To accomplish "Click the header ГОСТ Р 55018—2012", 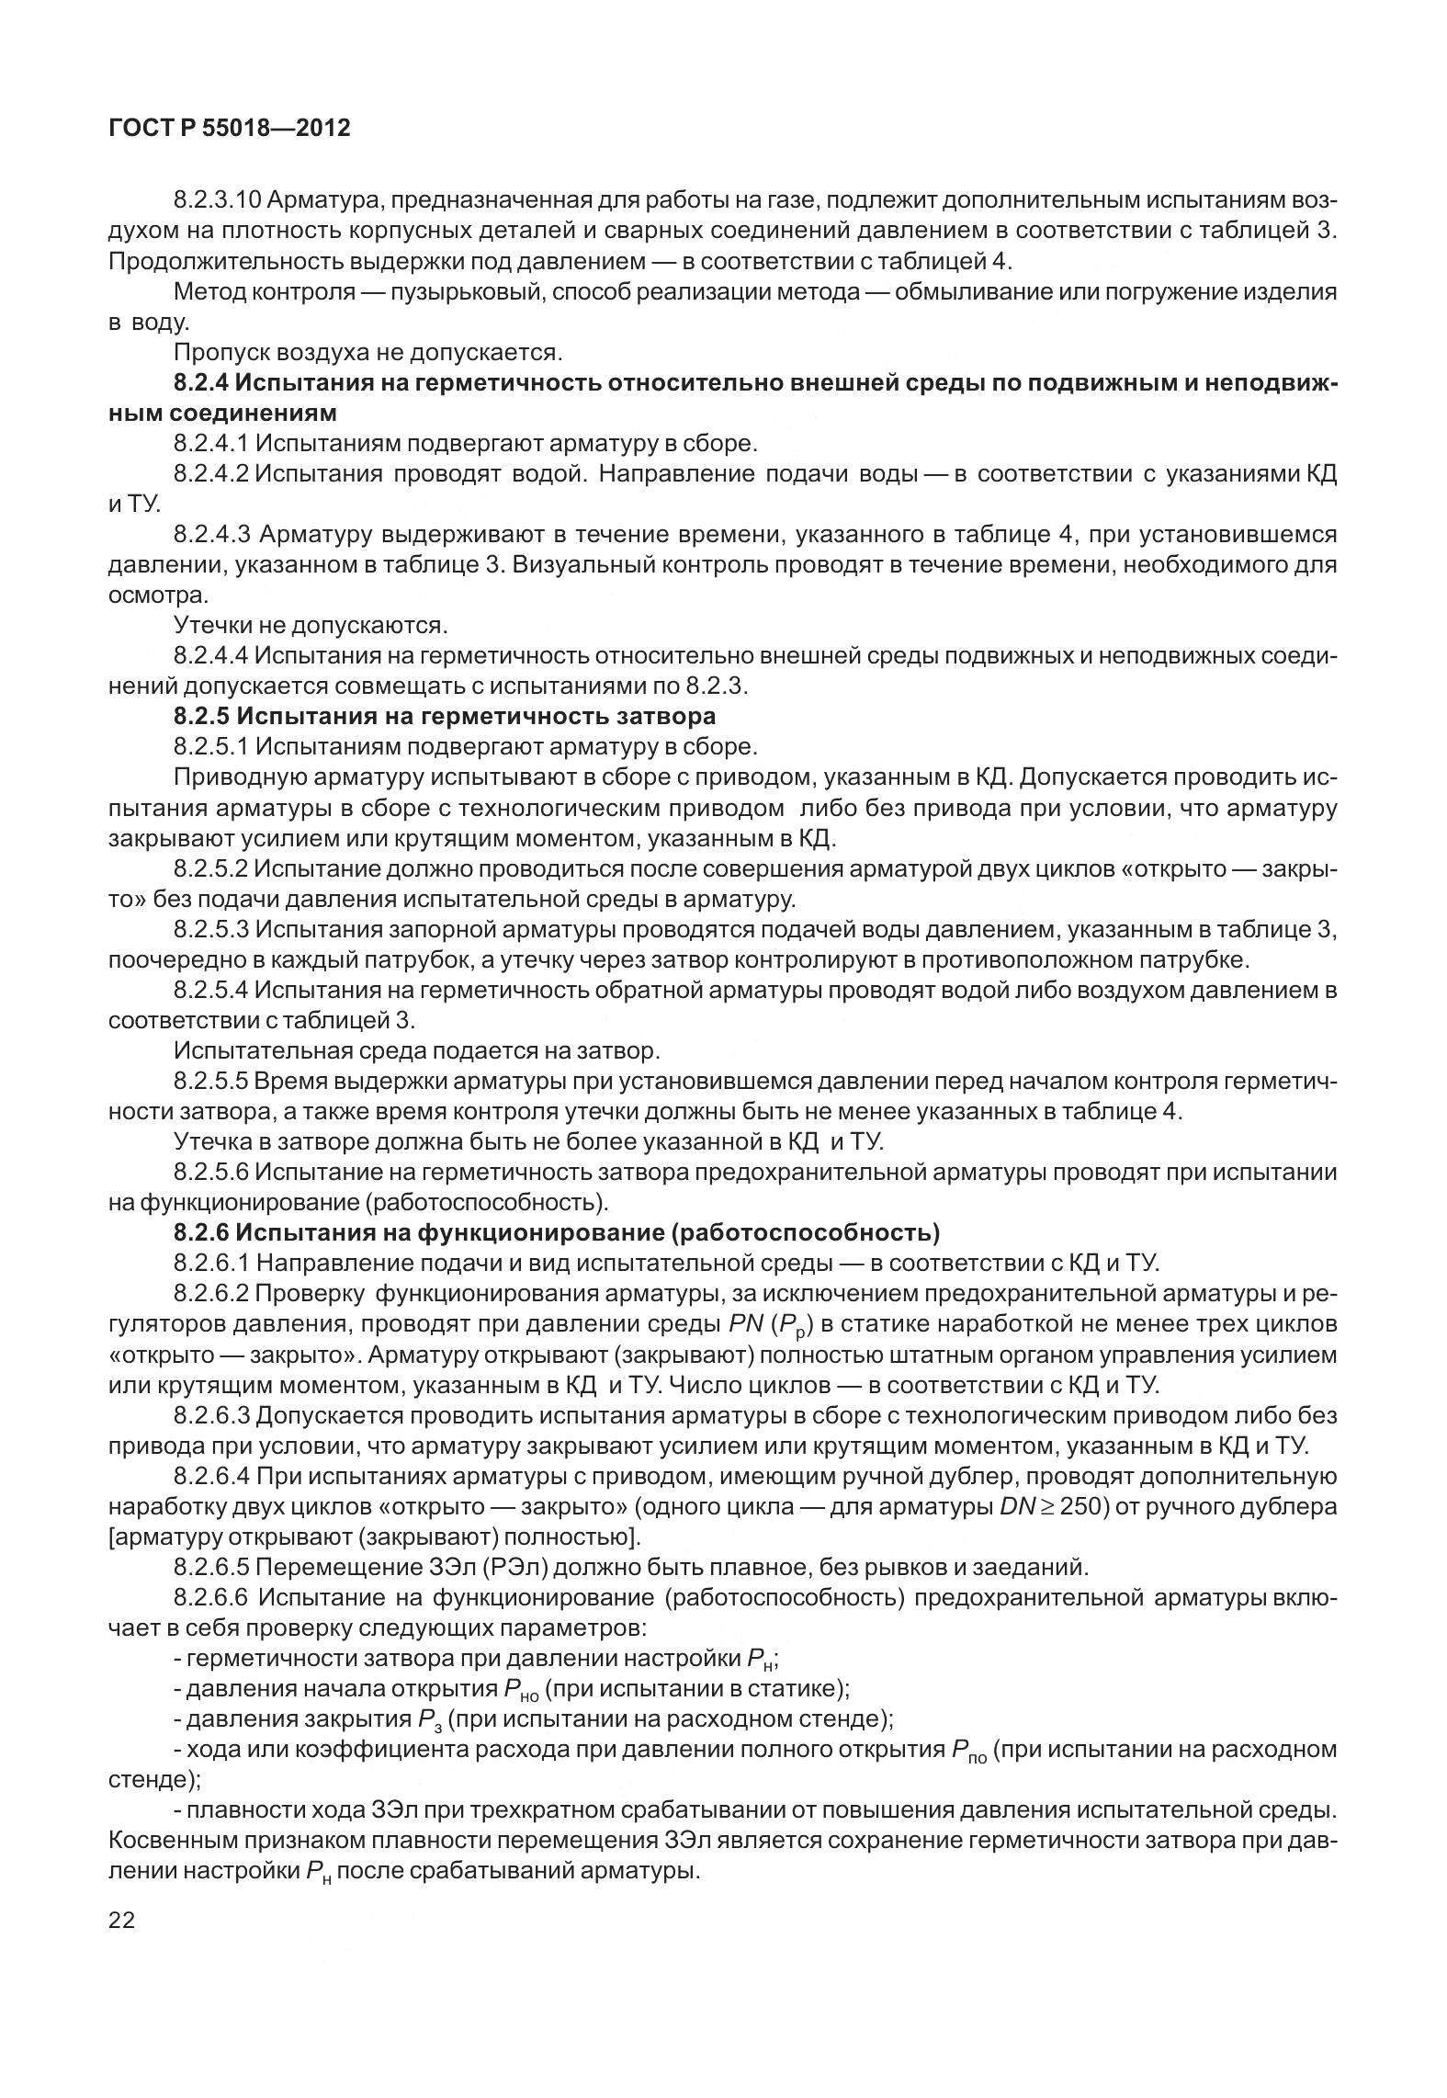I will [229, 128].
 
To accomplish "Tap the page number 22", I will [121, 1920].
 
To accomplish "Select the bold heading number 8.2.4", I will [201, 383].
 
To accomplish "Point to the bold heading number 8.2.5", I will [201, 716].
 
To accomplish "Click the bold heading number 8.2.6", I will [201, 1232].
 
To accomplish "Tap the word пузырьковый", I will [465, 292].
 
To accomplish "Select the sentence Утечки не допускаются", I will [311, 626].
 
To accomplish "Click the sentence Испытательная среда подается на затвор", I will [416, 1050].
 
